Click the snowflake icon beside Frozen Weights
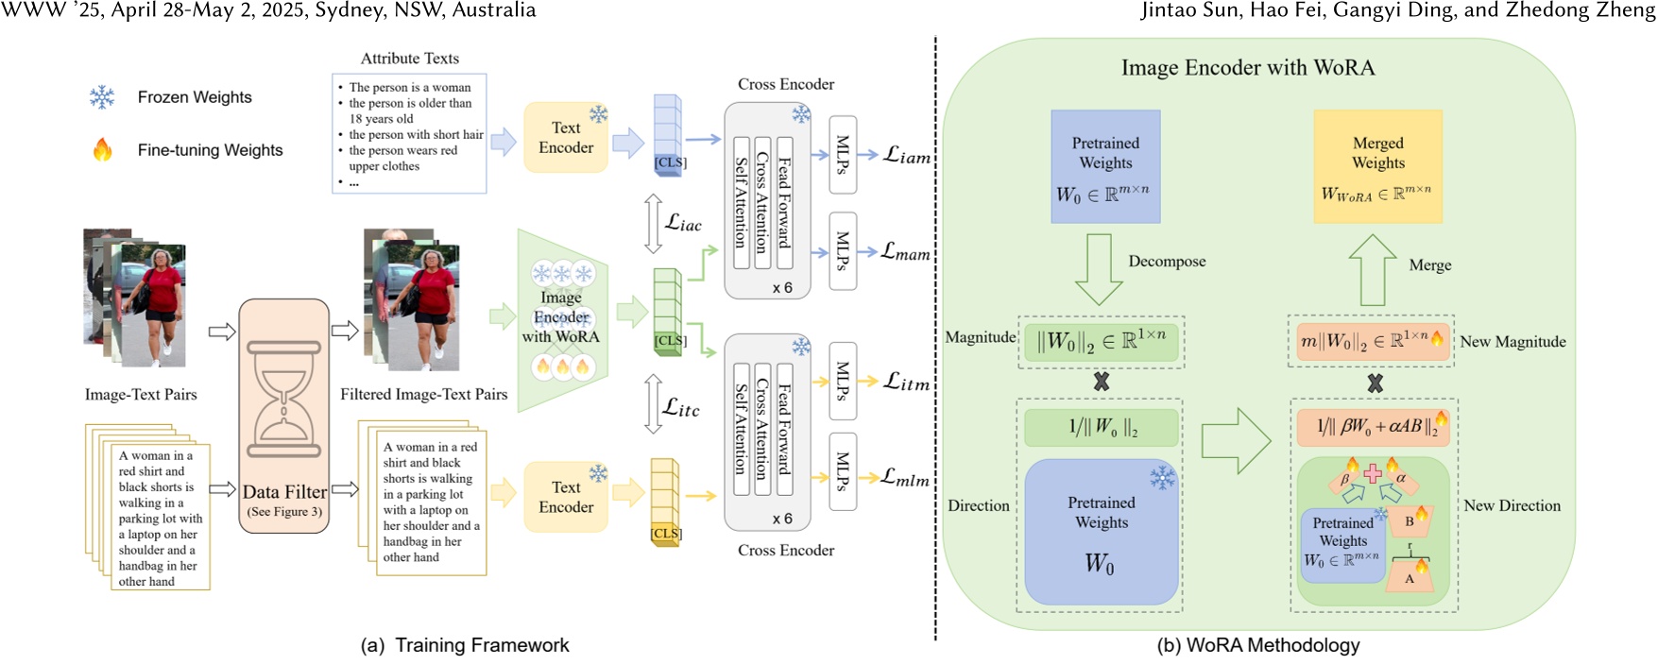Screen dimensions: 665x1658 tap(102, 97)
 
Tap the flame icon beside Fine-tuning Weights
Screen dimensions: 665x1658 tap(102, 149)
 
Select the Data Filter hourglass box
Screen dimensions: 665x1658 tap(284, 416)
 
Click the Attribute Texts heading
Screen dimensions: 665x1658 tap(410, 59)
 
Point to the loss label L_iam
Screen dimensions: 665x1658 tap(906, 156)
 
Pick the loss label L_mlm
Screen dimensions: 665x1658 tap(905, 478)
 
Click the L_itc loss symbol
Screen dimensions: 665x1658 tap(681, 407)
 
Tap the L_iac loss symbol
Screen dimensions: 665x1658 tap(683, 223)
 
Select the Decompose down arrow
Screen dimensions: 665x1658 tap(1099, 268)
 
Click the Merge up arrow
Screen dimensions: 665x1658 tap(1372, 269)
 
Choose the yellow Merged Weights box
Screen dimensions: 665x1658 tap(1377, 166)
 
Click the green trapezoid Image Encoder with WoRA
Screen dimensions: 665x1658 tap(561, 319)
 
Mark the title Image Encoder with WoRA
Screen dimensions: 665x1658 tap(1247, 68)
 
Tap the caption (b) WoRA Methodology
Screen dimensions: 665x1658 tap(1257, 645)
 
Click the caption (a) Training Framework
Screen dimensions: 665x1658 tap(465, 645)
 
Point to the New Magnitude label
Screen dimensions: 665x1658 tap(1513, 342)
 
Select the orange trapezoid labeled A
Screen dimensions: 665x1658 tap(1410, 577)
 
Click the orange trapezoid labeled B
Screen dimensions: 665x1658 tap(1410, 520)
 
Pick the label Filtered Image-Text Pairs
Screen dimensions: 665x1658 tap(423, 395)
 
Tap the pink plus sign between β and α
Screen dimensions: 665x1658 tap(1373, 472)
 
